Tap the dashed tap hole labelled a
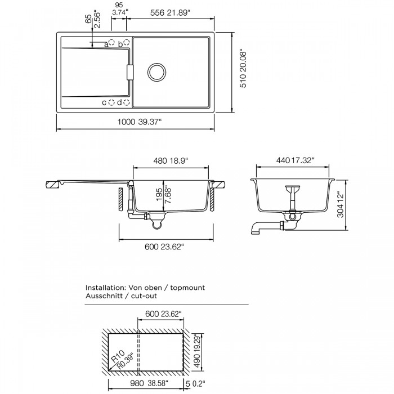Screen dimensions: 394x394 pyautogui.click(x=111, y=42)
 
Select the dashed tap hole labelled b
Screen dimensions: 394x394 pyautogui.click(x=127, y=42)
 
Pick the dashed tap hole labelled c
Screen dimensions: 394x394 pyautogui.click(x=111, y=102)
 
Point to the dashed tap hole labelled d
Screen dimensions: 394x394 pyautogui.click(x=127, y=102)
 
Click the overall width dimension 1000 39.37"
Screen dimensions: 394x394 pyautogui.click(x=140, y=122)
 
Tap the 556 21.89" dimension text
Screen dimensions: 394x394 pyautogui.click(x=169, y=13)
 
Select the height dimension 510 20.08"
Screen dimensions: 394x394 pyautogui.click(x=243, y=68)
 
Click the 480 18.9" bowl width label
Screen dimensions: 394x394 pyautogui.click(x=171, y=160)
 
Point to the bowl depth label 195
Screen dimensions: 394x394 pyautogui.click(x=159, y=195)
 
